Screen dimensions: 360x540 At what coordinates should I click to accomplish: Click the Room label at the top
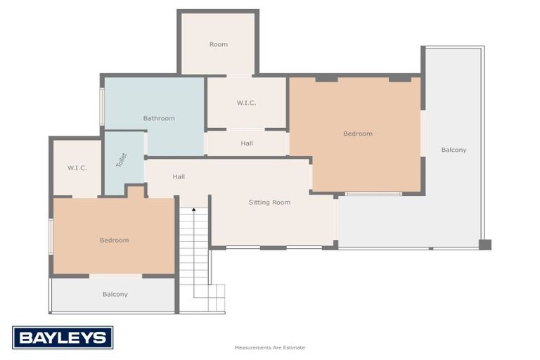tap(218, 44)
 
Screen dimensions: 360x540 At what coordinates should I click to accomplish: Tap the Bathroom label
tap(159, 118)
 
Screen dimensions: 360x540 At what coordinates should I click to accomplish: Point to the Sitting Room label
tap(269, 202)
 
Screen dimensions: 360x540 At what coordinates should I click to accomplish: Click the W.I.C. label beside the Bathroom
tap(246, 103)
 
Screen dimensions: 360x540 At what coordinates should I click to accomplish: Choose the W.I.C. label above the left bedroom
tap(77, 168)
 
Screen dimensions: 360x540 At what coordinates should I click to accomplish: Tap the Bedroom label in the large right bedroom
tap(357, 134)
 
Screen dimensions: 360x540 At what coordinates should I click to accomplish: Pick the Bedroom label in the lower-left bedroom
tap(114, 240)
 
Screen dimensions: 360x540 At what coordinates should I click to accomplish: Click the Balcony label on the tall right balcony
tap(454, 150)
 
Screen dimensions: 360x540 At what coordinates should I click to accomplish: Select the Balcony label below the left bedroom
tap(115, 295)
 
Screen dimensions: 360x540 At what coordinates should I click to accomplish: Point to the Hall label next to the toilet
tap(179, 176)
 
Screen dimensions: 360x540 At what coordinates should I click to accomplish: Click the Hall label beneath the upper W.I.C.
tap(246, 143)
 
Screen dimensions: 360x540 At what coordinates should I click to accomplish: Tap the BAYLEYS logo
tap(63, 337)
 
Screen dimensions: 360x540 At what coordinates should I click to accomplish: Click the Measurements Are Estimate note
tap(269, 347)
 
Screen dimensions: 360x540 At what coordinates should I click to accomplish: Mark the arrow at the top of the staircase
tap(193, 210)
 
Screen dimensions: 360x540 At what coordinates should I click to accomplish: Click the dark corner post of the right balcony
tap(484, 245)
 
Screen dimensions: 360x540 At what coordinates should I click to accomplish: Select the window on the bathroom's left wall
tap(102, 106)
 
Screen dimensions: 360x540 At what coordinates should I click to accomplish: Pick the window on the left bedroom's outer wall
tap(51, 236)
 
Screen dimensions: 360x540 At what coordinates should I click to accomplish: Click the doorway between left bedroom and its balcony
tap(115, 276)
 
